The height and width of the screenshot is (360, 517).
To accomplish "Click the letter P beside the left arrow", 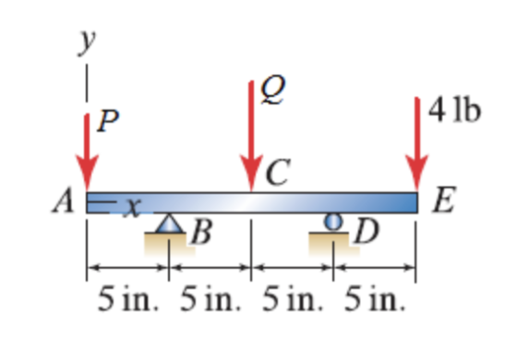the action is (x=108, y=121).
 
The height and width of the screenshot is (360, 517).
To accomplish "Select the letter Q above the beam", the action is (x=272, y=90).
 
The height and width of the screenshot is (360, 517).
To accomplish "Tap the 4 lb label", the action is (x=454, y=110).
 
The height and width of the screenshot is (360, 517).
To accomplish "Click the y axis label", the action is (x=87, y=42).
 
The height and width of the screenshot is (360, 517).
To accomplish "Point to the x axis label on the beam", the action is (x=133, y=208).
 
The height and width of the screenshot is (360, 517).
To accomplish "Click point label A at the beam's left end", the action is (x=63, y=200).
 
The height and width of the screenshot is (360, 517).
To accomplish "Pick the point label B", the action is (x=201, y=232).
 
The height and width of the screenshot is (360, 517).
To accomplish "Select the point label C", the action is (x=278, y=172).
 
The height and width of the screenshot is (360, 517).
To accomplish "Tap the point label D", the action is (x=366, y=232).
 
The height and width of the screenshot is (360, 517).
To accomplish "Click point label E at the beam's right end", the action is (x=444, y=199).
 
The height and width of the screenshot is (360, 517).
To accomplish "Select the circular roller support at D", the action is (x=333, y=222).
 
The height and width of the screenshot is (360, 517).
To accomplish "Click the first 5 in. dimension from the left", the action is (x=128, y=299).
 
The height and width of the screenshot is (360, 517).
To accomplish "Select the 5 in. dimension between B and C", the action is (x=210, y=299).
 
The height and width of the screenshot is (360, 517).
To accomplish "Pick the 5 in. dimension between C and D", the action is (x=292, y=299).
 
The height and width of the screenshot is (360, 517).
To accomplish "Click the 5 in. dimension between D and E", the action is (x=374, y=299).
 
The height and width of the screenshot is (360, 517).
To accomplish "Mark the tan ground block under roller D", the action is (x=333, y=244).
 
